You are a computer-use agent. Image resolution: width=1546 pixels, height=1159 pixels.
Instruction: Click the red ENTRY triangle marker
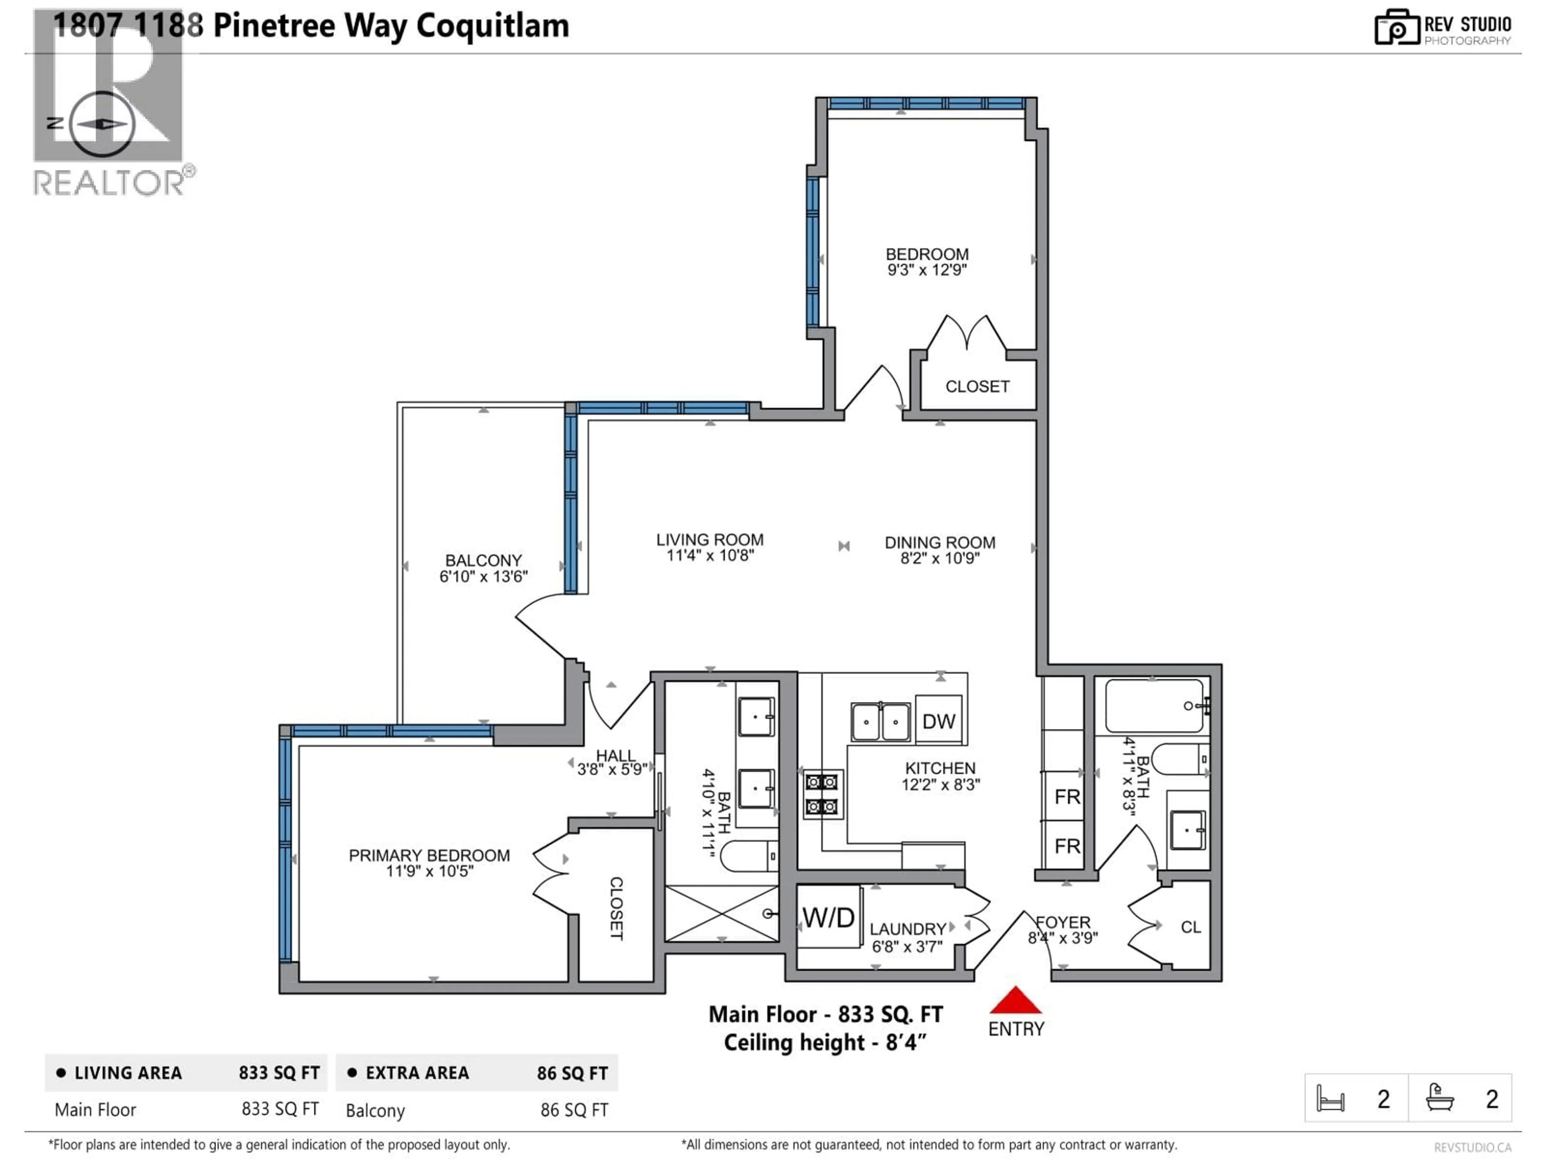[x=1015, y=1001]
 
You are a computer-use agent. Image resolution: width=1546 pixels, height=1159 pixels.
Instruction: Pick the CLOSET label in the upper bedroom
[x=977, y=386]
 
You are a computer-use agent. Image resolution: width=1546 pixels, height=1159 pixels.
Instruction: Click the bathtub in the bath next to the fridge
[x=1155, y=705]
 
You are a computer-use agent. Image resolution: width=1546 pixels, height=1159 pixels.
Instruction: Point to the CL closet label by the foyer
[x=1190, y=927]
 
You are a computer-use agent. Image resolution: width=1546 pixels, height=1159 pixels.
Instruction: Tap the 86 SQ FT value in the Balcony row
[x=574, y=1110]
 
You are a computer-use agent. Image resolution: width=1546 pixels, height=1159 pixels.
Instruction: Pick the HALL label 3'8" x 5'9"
[x=615, y=756]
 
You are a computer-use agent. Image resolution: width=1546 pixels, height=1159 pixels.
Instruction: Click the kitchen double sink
[x=880, y=722]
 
